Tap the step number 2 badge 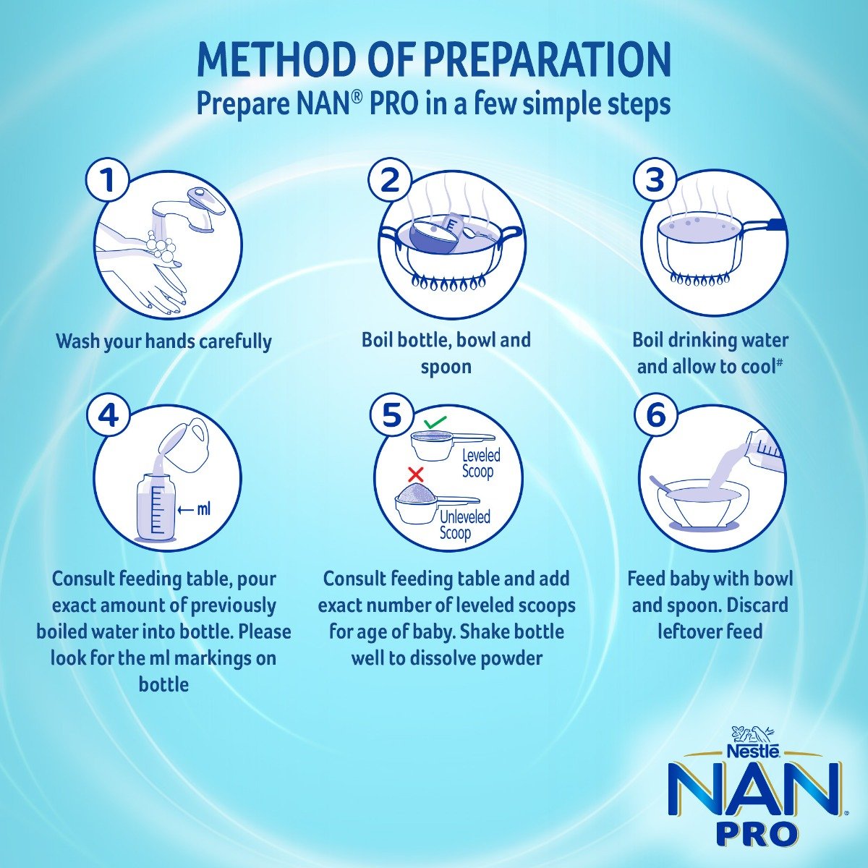tap(390, 180)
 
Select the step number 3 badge tap(655, 180)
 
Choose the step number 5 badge tap(391, 415)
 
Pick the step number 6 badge tap(655, 415)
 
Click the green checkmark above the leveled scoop tap(435, 421)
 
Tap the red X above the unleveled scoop tap(415, 475)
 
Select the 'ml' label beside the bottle tap(203, 510)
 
